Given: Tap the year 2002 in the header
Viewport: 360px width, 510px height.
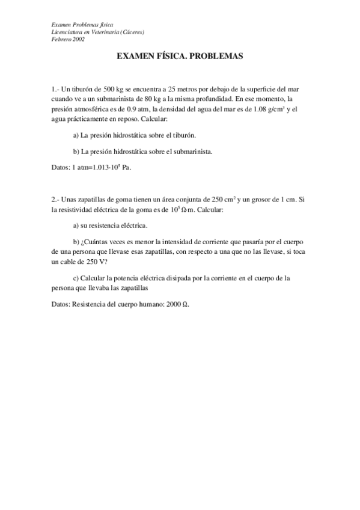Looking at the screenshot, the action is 76,39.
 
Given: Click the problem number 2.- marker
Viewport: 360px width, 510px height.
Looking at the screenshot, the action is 55,199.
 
